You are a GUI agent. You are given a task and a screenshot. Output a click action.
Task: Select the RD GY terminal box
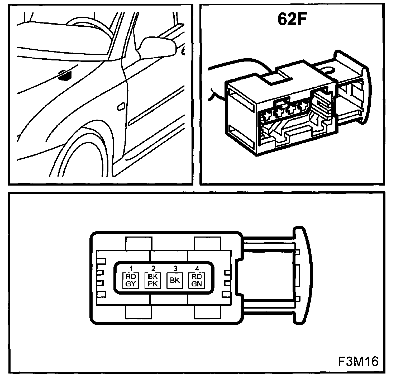pyautogui.click(x=130, y=280)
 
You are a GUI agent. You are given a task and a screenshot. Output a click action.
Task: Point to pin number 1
pyautogui.click(x=131, y=269)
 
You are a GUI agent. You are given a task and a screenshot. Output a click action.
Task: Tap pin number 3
pyautogui.click(x=175, y=269)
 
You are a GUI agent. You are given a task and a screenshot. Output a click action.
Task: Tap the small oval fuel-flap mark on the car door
pyautogui.click(x=121, y=107)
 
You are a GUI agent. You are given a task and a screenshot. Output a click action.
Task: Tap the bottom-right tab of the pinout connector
pyautogui.click(x=207, y=312)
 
